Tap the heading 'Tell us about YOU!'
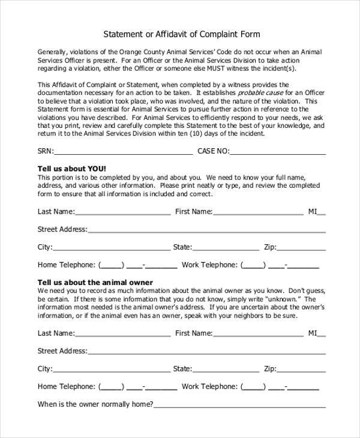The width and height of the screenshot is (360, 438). pos(71,169)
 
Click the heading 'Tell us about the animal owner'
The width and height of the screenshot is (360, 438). pos(95,282)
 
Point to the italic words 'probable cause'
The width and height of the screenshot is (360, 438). pos(260,93)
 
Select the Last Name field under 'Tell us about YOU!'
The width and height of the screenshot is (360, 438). pos(123,212)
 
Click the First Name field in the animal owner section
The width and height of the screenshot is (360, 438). pos(259,334)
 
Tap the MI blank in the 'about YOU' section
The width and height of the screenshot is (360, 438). pos(322,212)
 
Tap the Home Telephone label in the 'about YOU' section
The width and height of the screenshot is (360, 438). pos(67,265)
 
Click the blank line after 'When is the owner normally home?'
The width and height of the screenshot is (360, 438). pos(240,405)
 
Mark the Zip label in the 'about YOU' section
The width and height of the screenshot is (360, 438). pos(270,247)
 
